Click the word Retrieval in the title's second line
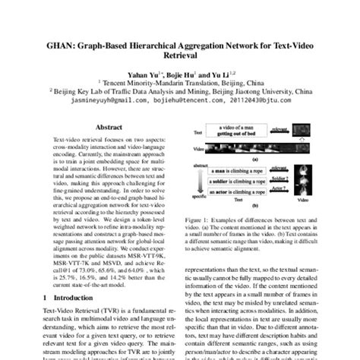[x=180, y=49]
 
